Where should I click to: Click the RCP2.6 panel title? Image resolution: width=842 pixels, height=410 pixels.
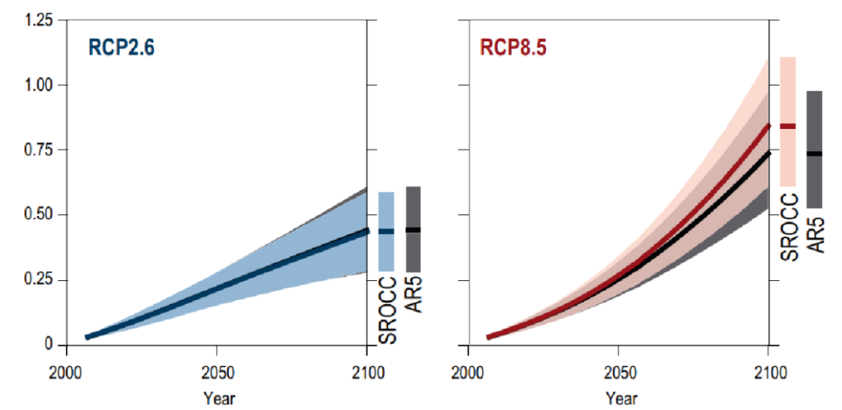[122, 48]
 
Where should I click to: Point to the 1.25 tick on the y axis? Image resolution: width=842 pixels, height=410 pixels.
[36, 21]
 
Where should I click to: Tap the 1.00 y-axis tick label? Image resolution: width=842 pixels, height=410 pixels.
[36, 85]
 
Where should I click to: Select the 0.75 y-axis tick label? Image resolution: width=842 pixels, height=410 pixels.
[36, 150]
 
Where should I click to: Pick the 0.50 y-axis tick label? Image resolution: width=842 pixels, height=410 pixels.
[36, 215]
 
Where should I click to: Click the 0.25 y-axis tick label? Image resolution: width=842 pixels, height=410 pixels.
[36, 280]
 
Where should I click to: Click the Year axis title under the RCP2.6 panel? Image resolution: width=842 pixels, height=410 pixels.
[218, 398]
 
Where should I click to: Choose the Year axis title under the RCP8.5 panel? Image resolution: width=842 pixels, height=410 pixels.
[618, 398]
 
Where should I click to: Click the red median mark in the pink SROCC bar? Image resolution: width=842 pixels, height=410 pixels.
[788, 126]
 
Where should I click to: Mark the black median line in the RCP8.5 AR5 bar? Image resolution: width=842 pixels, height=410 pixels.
[814, 154]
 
